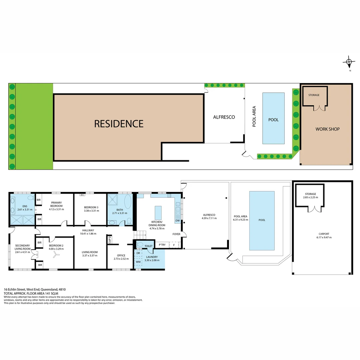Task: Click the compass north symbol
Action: pos(349,62)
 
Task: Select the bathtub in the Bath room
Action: pos(128,202)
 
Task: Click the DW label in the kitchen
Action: pos(177,221)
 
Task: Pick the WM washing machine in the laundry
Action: pos(138,262)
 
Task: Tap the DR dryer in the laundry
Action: pos(138,253)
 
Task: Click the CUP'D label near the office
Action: pos(109,240)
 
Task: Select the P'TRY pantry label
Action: pos(162,245)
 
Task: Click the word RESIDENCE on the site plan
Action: pos(119,124)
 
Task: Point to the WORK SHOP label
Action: pos(327,129)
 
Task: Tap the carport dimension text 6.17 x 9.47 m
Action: pos(322,237)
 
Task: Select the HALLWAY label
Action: pos(88,230)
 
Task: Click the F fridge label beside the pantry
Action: pos(174,245)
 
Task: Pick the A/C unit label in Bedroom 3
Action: pos(82,195)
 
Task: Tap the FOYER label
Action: pos(176,234)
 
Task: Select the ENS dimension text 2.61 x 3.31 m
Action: pos(24,210)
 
